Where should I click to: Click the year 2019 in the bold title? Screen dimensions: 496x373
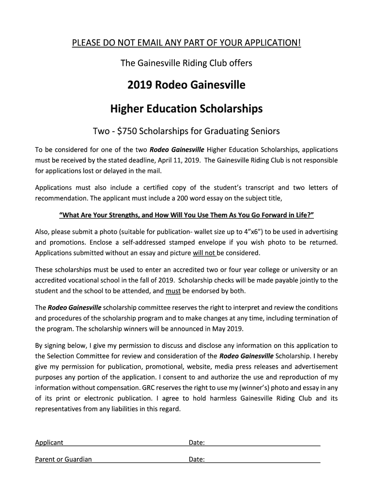[140, 86]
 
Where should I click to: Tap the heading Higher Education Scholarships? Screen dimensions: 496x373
[186, 108]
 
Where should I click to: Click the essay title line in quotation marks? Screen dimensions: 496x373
[186, 215]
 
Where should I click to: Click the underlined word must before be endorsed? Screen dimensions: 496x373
[173, 291]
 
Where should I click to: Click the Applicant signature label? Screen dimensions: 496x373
[49, 443]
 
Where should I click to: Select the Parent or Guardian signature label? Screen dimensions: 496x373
[63, 460]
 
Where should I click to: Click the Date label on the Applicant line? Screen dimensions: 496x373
[196, 443]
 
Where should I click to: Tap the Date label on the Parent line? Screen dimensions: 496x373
[196, 460]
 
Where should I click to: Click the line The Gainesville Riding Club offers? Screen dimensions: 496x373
[186, 63]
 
